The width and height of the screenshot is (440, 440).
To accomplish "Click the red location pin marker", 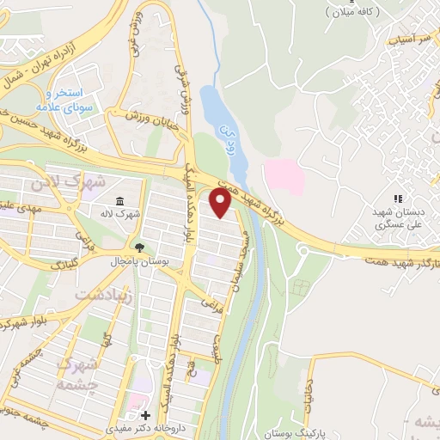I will pyautogui.click(x=221, y=203).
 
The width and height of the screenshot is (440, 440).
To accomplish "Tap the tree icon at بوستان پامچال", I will pyautogui.click(x=127, y=246).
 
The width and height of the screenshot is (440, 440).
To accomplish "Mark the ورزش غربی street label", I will pyautogui.click(x=137, y=26).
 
